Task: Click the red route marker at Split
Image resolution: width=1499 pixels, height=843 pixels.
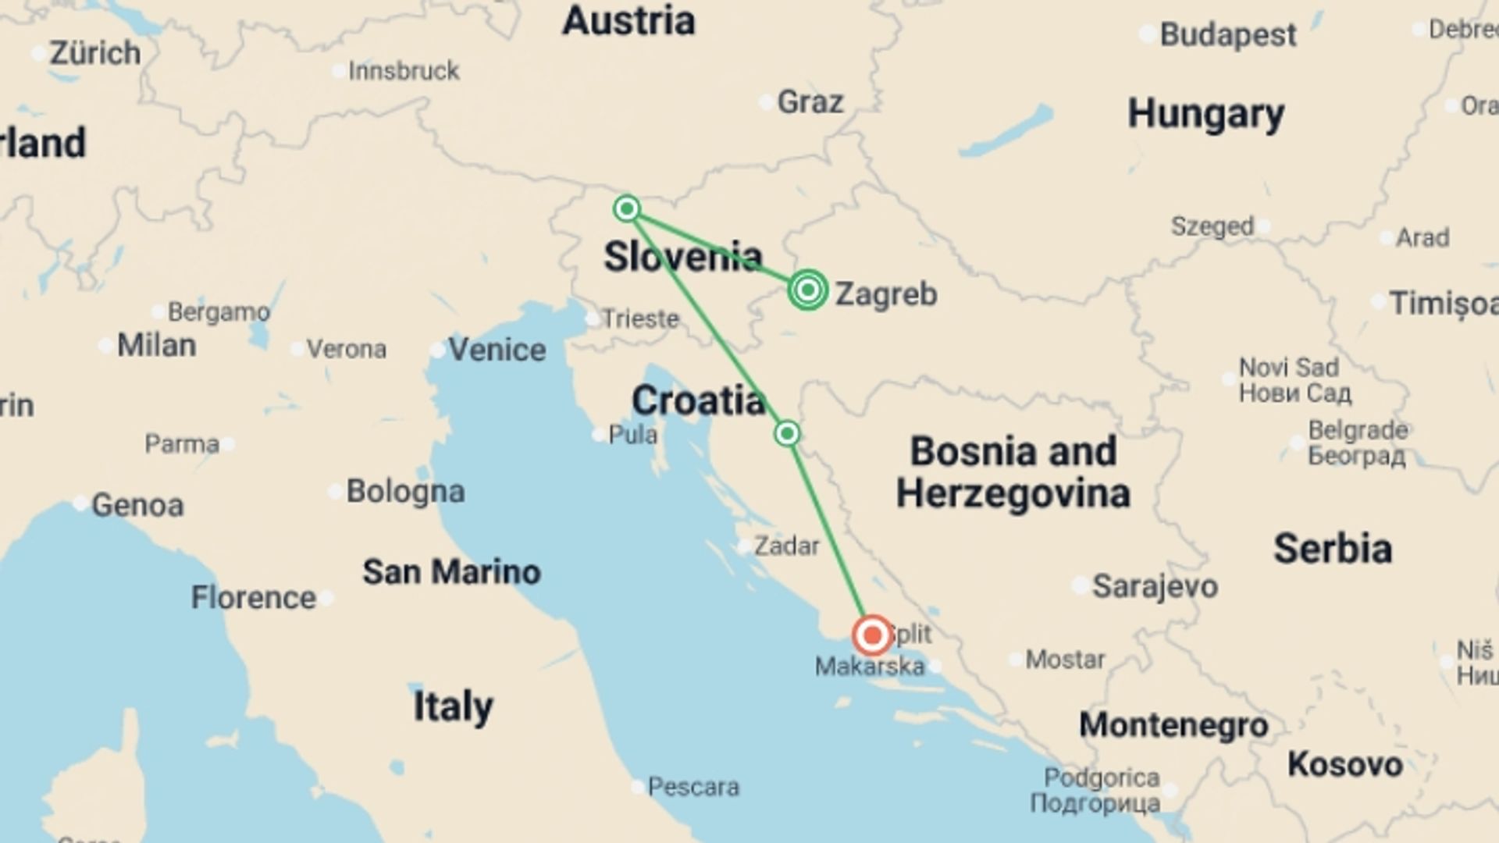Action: (872, 635)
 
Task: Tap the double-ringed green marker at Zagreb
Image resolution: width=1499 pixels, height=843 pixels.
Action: (808, 290)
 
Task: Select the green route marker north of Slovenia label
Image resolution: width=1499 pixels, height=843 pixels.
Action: (626, 208)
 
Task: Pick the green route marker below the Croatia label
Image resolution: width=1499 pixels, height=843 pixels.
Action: (787, 433)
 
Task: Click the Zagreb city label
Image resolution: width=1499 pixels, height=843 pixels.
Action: (886, 294)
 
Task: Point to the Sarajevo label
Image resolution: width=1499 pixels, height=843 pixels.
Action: (1155, 586)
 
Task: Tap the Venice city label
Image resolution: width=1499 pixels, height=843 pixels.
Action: (497, 350)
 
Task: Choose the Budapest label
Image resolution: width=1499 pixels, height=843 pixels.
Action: (1228, 35)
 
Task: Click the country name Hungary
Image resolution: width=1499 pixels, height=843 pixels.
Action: (1205, 115)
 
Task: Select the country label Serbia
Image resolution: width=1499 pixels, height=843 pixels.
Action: (1333, 549)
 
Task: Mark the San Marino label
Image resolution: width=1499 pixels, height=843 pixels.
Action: (451, 572)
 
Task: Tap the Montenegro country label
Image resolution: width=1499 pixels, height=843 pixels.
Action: (1173, 725)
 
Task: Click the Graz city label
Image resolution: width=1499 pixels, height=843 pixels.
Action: (810, 102)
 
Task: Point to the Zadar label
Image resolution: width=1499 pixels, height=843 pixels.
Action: (787, 546)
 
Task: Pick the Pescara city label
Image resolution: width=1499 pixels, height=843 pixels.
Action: (693, 786)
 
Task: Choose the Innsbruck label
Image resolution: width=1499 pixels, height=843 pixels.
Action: (404, 71)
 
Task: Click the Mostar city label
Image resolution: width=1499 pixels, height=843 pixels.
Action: (1065, 660)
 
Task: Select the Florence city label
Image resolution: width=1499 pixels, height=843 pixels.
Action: (254, 598)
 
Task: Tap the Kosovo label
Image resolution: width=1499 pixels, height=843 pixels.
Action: (1344, 764)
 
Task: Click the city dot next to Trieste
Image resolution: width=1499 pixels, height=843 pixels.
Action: (592, 318)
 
